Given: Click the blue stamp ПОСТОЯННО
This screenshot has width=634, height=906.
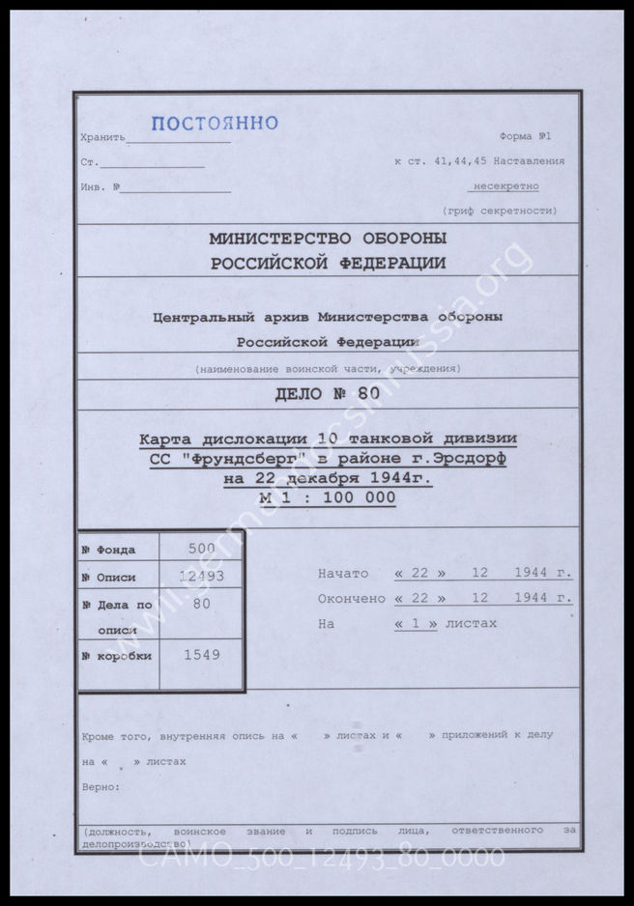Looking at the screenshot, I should [215, 123].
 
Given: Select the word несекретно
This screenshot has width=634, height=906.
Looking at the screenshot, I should [504, 185].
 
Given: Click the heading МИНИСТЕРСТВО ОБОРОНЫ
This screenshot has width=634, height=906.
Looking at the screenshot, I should [328, 239].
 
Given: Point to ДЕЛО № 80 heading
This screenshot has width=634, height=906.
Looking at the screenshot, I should [328, 393].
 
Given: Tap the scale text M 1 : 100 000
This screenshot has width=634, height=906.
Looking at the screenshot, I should [328, 497].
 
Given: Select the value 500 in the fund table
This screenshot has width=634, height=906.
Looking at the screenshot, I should [201, 548].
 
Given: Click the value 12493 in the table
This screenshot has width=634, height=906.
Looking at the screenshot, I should [201, 577].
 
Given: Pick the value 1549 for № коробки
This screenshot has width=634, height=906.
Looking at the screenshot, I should [201, 654].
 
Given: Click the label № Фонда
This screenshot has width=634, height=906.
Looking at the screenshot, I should [109, 550].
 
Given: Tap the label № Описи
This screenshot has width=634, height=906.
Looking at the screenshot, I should [109, 578].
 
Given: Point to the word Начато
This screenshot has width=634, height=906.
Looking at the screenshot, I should [343, 574].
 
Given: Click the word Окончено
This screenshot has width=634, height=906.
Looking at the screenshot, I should [351, 599].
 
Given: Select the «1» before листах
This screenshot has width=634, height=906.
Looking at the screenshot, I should [417, 624].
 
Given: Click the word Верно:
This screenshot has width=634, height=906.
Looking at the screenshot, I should [101, 786].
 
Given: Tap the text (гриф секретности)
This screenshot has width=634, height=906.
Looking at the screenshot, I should [499, 211].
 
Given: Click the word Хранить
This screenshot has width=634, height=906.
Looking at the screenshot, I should [103, 138].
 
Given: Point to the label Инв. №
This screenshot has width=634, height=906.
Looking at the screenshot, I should [101, 185].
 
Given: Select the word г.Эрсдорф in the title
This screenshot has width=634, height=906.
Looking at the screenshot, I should [462, 460].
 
